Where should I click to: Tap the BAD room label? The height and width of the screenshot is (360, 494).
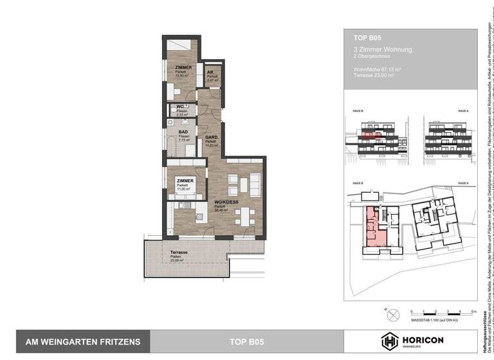pos(183,132)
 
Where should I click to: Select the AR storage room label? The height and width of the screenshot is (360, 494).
pos(210,73)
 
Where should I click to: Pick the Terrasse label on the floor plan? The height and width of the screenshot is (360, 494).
pos(179,253)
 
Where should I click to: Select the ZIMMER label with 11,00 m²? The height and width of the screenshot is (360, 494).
pos(186,182)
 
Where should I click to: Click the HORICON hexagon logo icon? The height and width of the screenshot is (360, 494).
pos(390,341)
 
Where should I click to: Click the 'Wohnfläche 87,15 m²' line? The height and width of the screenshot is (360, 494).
pos(378,68)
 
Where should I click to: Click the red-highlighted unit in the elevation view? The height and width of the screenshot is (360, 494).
pos(369,136)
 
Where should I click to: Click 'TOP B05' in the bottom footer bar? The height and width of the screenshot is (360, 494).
pos(247,342)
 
